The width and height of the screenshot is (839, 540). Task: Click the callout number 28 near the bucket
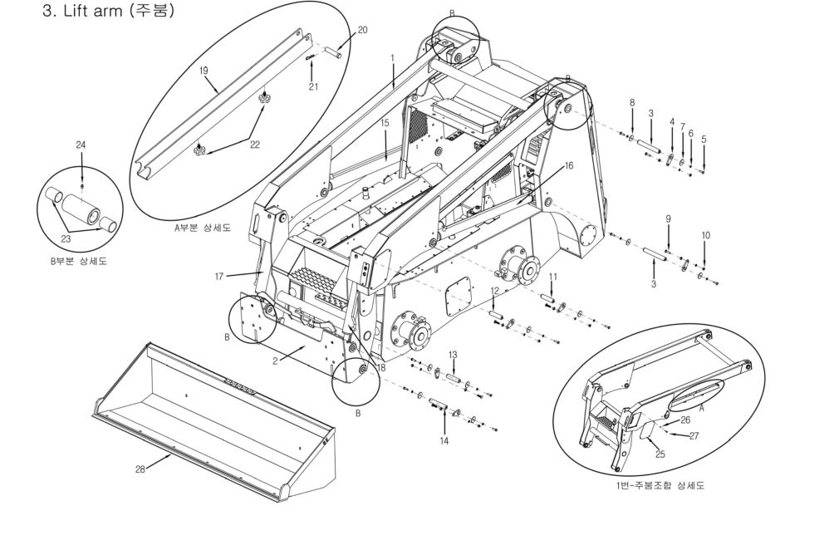click(x=140, y=469)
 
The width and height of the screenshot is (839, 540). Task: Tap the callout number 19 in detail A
click(x=204, y=71)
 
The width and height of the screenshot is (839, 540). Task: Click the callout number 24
click(x=81, y=145)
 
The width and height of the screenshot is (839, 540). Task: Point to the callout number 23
click(x=66, y=238)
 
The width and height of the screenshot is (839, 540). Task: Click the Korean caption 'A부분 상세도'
click(x=203, y=228)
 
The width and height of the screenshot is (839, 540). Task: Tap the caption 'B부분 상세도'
click(x=78, y=261)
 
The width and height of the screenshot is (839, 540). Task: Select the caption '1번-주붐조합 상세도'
click(x=661, y=485)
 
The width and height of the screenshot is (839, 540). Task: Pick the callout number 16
click(x=569, y=166)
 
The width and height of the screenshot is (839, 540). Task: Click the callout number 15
click(x=385, y=123)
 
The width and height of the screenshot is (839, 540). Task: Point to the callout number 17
click(x=218, y=276)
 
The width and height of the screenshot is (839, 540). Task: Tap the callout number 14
click(x=444, y=440)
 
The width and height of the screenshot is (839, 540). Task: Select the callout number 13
click(x=454, y=354)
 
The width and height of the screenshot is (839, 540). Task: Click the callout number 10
click(x=706, y=235)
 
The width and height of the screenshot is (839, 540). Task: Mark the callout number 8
click(x=632, y=102)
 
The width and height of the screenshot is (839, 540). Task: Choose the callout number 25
click(x=661, y=454)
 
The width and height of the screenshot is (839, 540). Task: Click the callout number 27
click(x=694, y=435)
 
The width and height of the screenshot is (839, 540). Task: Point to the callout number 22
click(x=255, y=144)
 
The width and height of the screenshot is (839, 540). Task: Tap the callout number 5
click(x=704, y=139)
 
